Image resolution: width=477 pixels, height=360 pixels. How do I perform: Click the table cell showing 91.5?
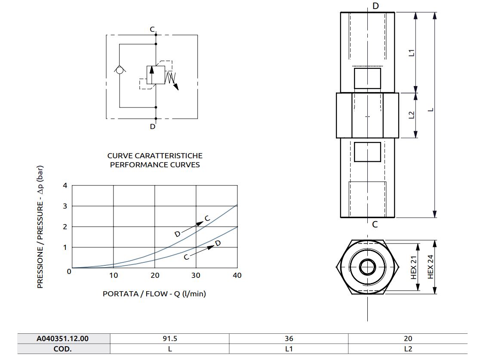pos(169,338)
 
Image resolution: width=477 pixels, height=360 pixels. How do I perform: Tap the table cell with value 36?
pos(289,338)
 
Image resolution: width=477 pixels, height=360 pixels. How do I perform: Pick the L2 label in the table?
pos(408,349)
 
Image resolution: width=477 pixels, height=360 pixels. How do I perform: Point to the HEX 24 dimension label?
pos(431,267)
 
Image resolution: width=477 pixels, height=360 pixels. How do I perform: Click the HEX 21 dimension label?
pos(414,267)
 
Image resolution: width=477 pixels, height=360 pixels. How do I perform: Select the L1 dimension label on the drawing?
pos(411,53)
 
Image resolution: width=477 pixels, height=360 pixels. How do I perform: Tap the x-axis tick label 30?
pos(196,275)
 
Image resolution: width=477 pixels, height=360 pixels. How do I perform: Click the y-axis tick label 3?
pos(65,206)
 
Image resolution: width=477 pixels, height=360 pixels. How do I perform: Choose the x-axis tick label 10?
pos(113,275)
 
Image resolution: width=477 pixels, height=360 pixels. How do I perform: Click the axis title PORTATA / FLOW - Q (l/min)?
pos(154,294)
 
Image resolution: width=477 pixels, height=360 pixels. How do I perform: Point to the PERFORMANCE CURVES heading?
pos(154,165)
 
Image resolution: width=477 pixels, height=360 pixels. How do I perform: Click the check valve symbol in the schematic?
pos(119,69)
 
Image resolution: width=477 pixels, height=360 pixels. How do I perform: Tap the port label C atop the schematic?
pos(152,29)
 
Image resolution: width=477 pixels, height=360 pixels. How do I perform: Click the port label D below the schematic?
pos(152,126)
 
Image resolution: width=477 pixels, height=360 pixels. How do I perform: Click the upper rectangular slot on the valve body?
pos(367,78)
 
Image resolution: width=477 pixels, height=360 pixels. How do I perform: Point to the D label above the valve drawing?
pos(375,6)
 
